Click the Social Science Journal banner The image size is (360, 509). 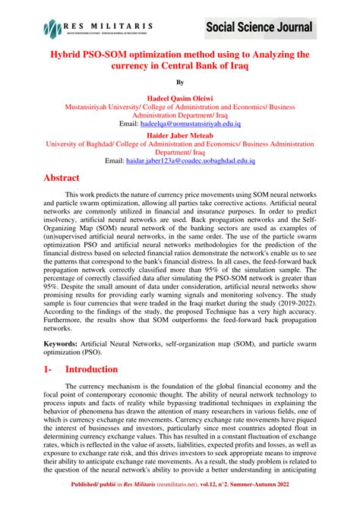coord(259,28)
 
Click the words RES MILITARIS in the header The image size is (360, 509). coord(111,25)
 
